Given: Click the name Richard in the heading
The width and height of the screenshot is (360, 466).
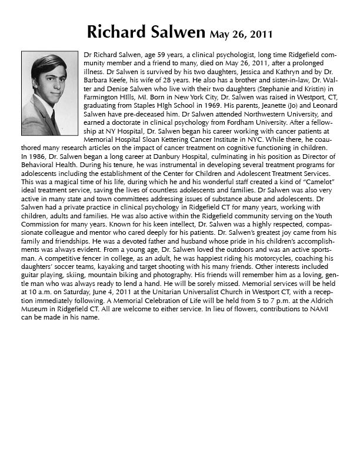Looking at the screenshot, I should point(114,31).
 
